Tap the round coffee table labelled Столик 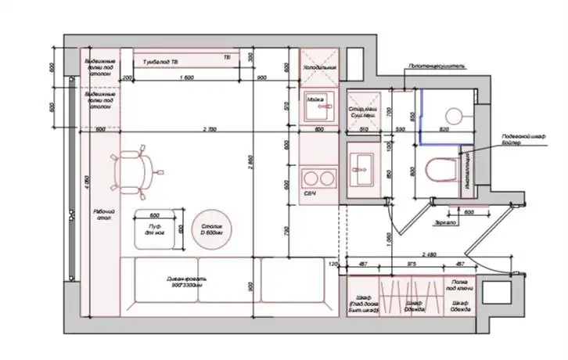(210, 229)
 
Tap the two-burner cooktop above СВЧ (318, 177)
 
